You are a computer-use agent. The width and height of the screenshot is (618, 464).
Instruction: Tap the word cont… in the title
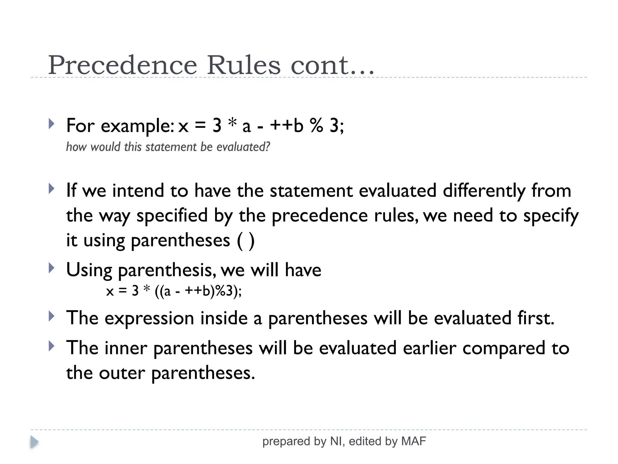point(332,66)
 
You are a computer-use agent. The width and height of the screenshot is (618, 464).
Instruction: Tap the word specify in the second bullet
point(551,216)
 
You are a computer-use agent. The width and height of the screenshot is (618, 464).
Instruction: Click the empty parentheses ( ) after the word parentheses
point(246,241)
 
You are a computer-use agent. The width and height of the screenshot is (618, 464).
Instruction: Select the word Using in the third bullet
point(89,270)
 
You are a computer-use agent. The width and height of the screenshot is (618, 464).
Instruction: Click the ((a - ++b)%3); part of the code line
point(198,291)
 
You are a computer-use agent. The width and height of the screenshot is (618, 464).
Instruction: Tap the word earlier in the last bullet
point(429,348)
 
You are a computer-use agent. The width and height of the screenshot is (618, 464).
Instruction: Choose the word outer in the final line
point(122,373)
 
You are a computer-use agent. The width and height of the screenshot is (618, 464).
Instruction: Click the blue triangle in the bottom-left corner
point(34,442)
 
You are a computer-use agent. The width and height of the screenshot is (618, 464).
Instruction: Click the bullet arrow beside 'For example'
point(52,124)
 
